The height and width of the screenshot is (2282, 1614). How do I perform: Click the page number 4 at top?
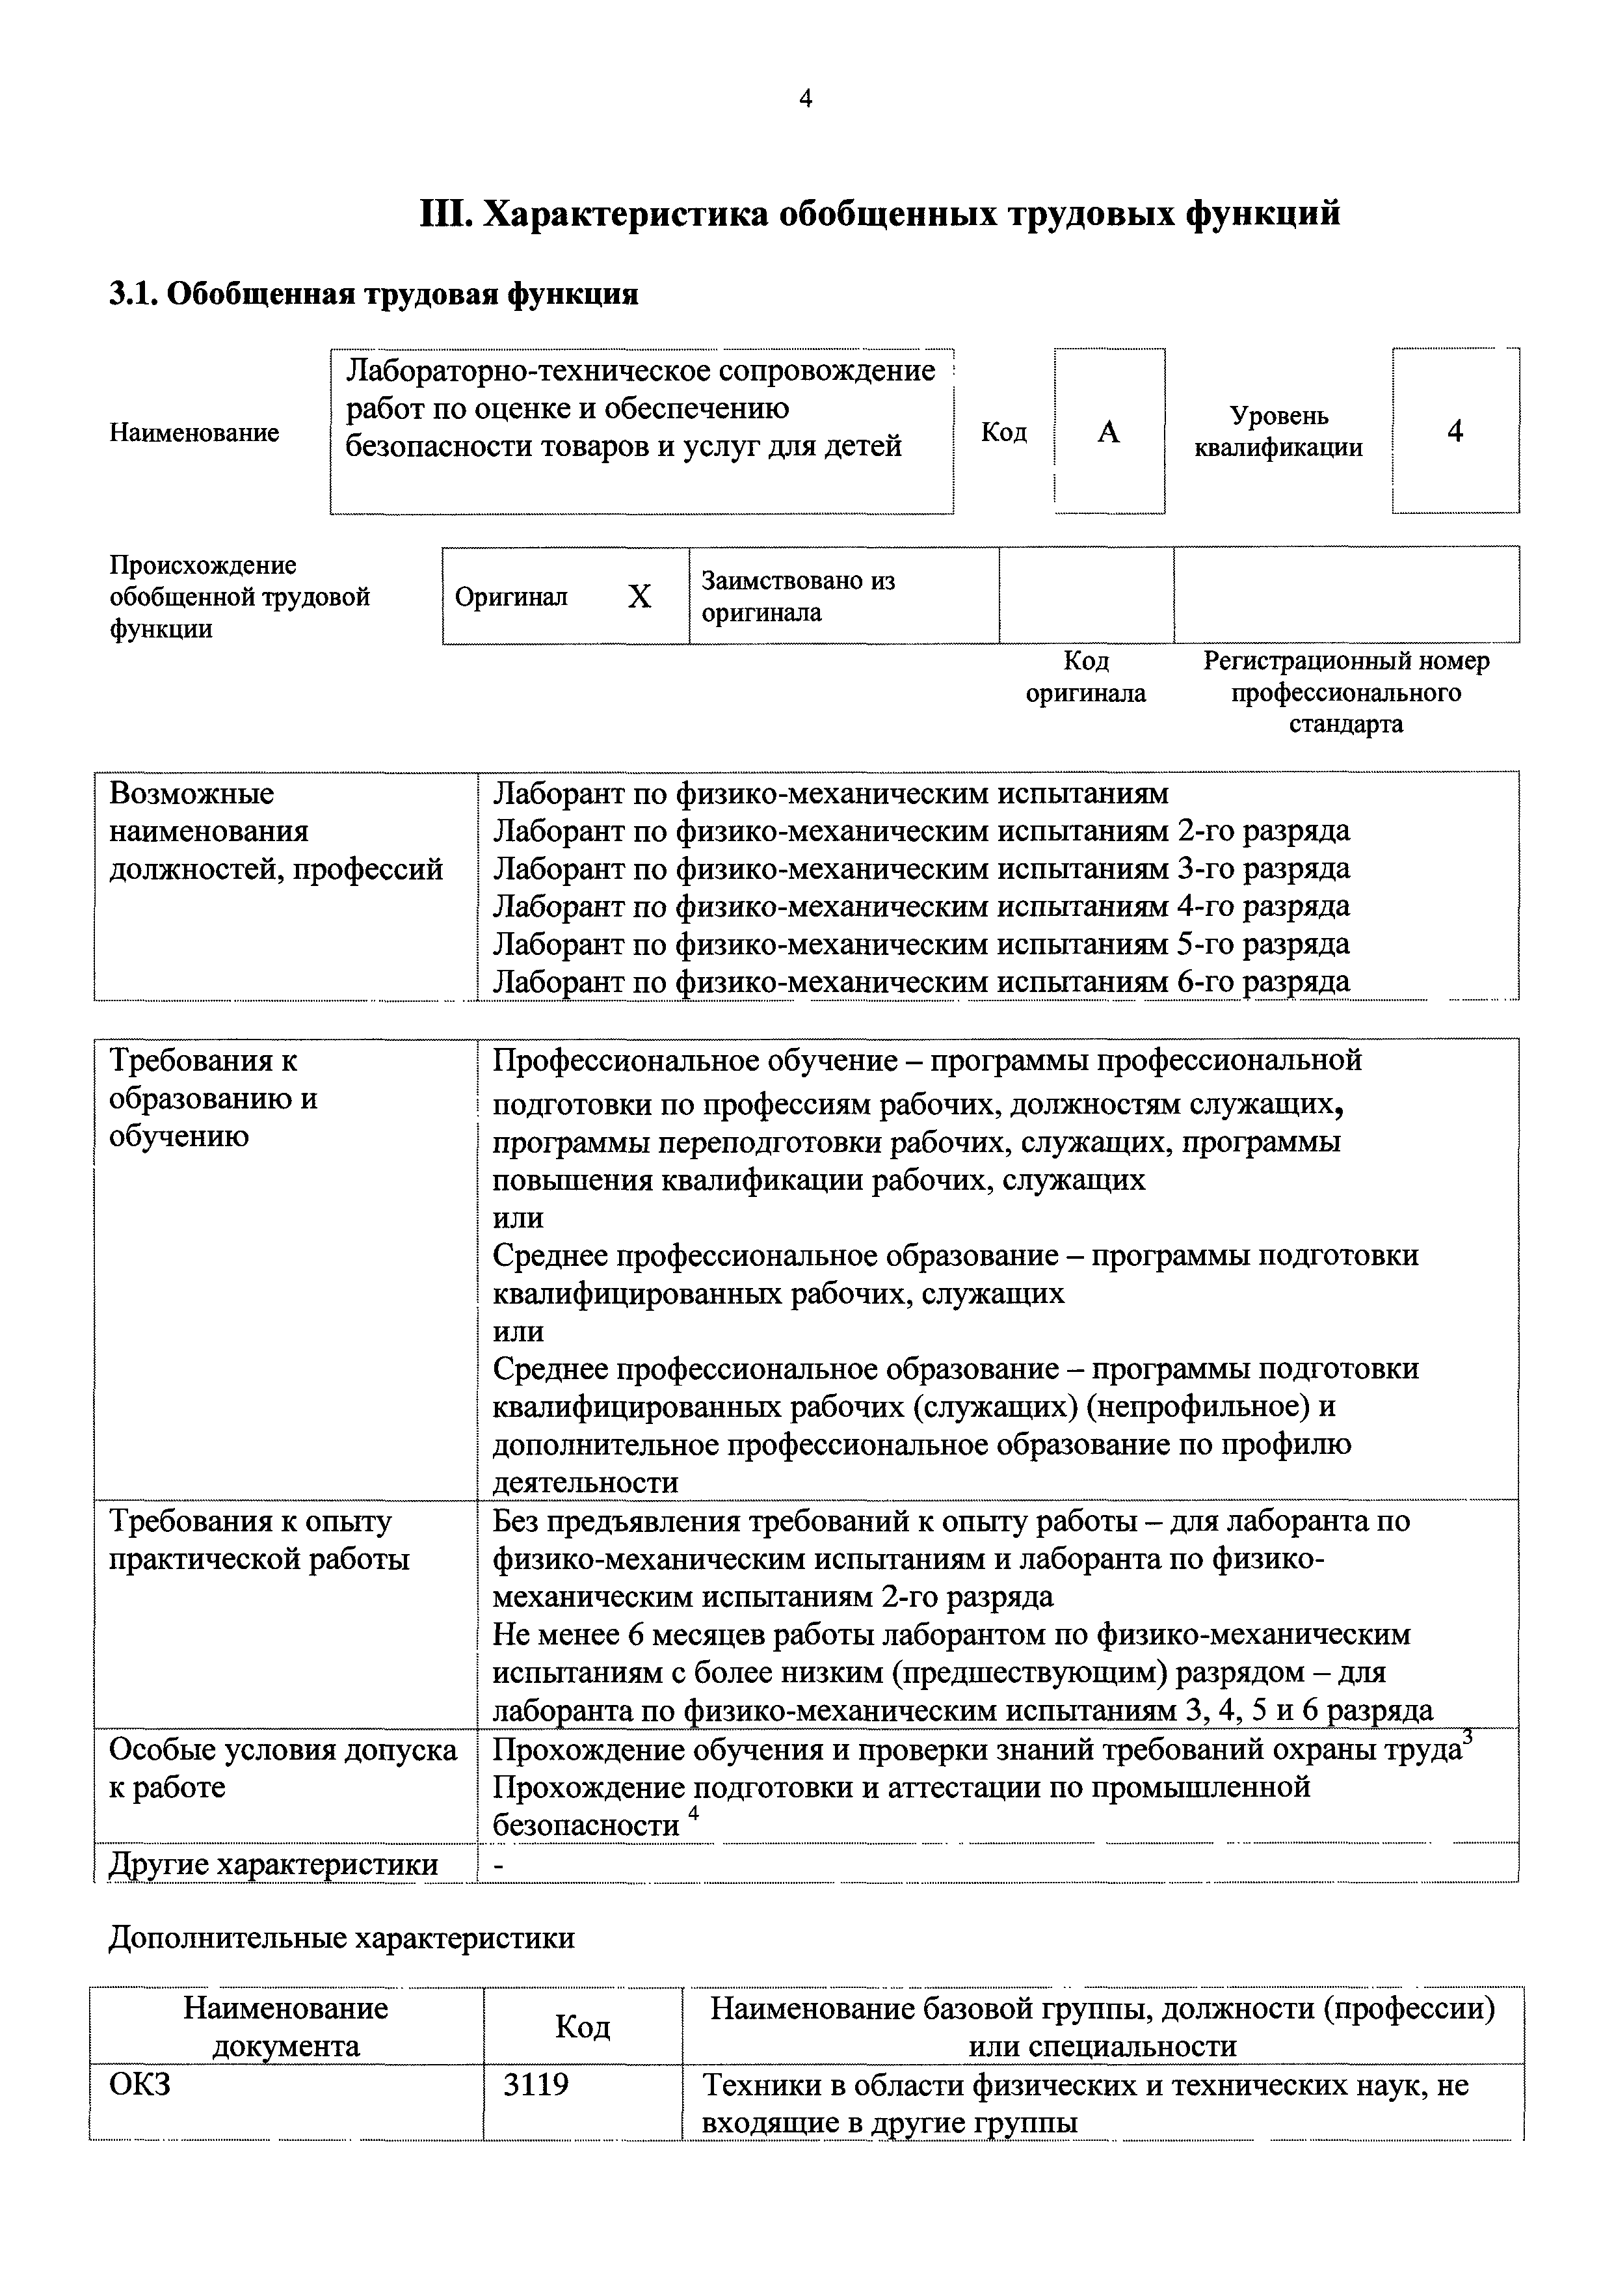pyautogui.click(x=805, y=98)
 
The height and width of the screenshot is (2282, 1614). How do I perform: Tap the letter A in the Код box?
pyautogui.click(x=1108, y=431)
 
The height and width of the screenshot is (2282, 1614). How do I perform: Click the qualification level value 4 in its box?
pyautogui.click(x=1455, y=431)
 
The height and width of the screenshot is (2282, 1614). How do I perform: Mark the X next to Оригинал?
pyautogui.click(x=639, y=597)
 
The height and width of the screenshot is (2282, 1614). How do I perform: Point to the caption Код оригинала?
pyautogui.click(x=1085, y=677)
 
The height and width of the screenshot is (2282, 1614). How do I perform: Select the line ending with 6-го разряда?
pyautogui.click(x=921, y=982)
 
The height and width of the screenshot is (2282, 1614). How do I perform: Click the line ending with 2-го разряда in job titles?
pyautogui.click(x=921, y=831)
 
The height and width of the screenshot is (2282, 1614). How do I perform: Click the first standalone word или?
pyautogui.click(x=518, y=1218)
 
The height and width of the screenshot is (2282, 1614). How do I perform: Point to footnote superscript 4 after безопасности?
pyautogui.click(x=694, y=1813)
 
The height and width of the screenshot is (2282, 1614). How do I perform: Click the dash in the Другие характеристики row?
pyautogui.click(x=500, y=1866)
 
